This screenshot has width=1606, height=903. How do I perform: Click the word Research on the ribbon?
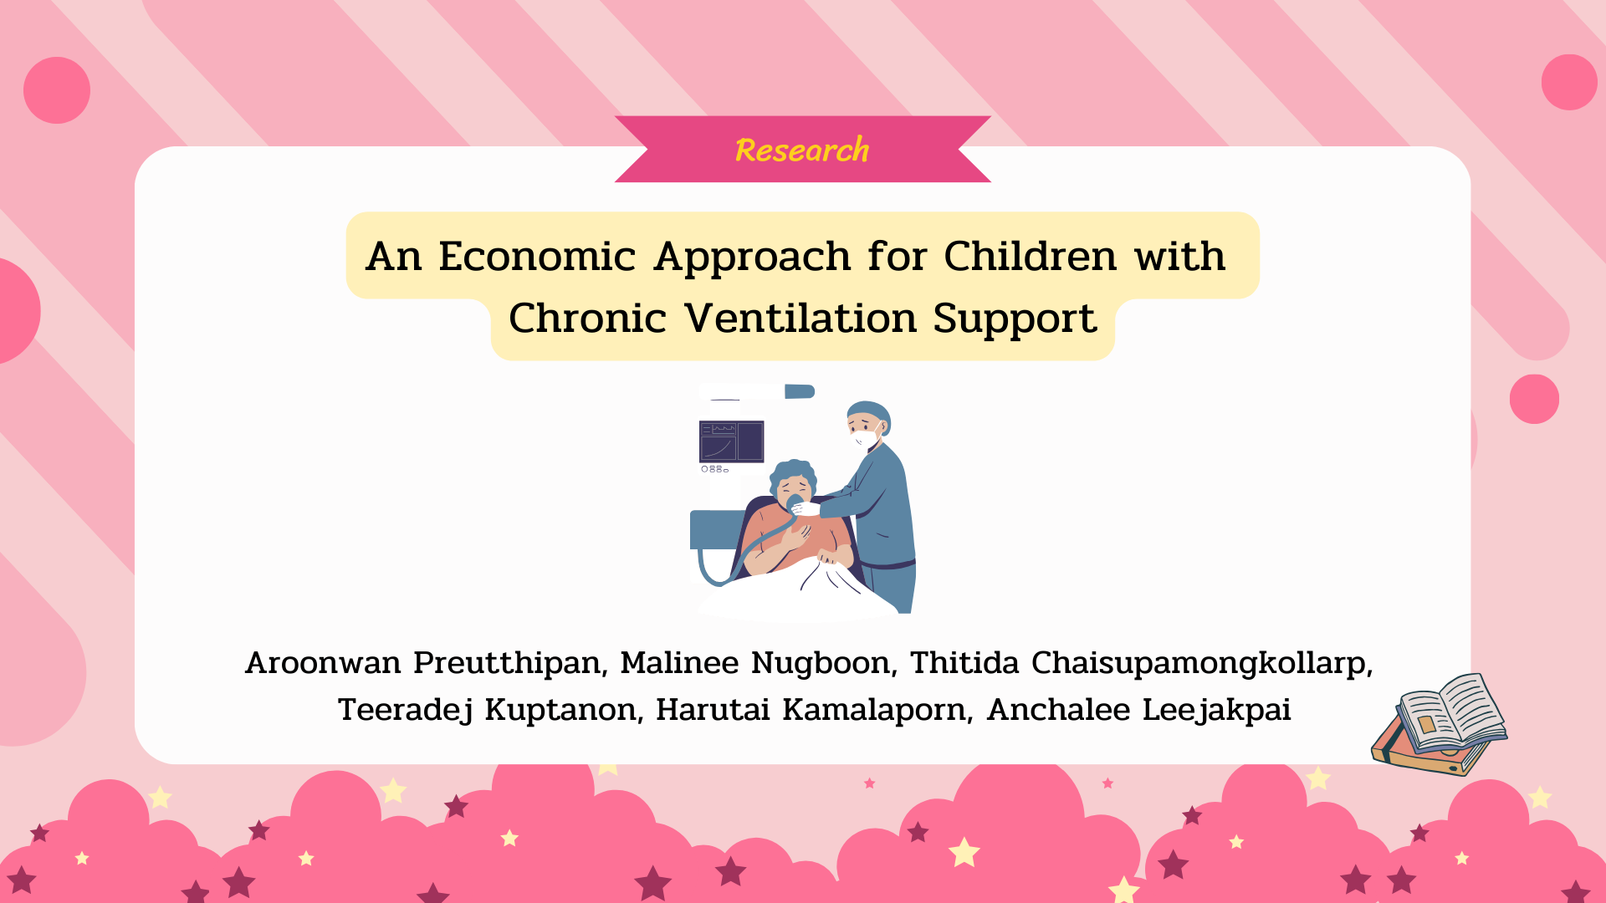pyautogui.click(x=802, y=150)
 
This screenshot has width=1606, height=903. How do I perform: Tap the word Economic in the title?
pyautogui.click(x=537, y=256)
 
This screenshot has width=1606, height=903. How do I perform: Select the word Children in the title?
pyautogui.click(x=1031, y=256)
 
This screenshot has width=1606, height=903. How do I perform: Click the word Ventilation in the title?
pyautogui.click(x=800, y=318)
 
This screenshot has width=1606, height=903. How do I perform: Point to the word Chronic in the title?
pyautogui.click(x=587, y=318)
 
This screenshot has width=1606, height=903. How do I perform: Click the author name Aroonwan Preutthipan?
pyautogui.click(x=423, y=663)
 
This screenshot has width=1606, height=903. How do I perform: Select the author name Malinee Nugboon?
pyautogui.click(x=754, y=663)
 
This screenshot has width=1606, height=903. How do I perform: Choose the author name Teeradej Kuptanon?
pyautogui.click(x=487, y=710)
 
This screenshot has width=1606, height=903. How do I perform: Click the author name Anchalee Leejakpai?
pyautogui.click(x=1139, y=710)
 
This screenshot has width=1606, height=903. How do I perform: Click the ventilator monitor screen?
pyautogui.click(x=731, y=441)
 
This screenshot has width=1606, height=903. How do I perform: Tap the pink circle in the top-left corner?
pyautogui.click(x=57, y=90)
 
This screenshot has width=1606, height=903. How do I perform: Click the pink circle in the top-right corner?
pyautogui.click(x=1569, y=82)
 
